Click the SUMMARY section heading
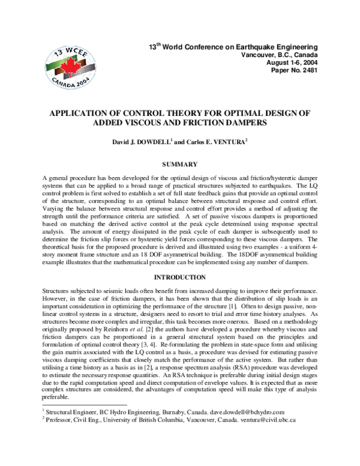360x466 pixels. pos(180,163)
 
